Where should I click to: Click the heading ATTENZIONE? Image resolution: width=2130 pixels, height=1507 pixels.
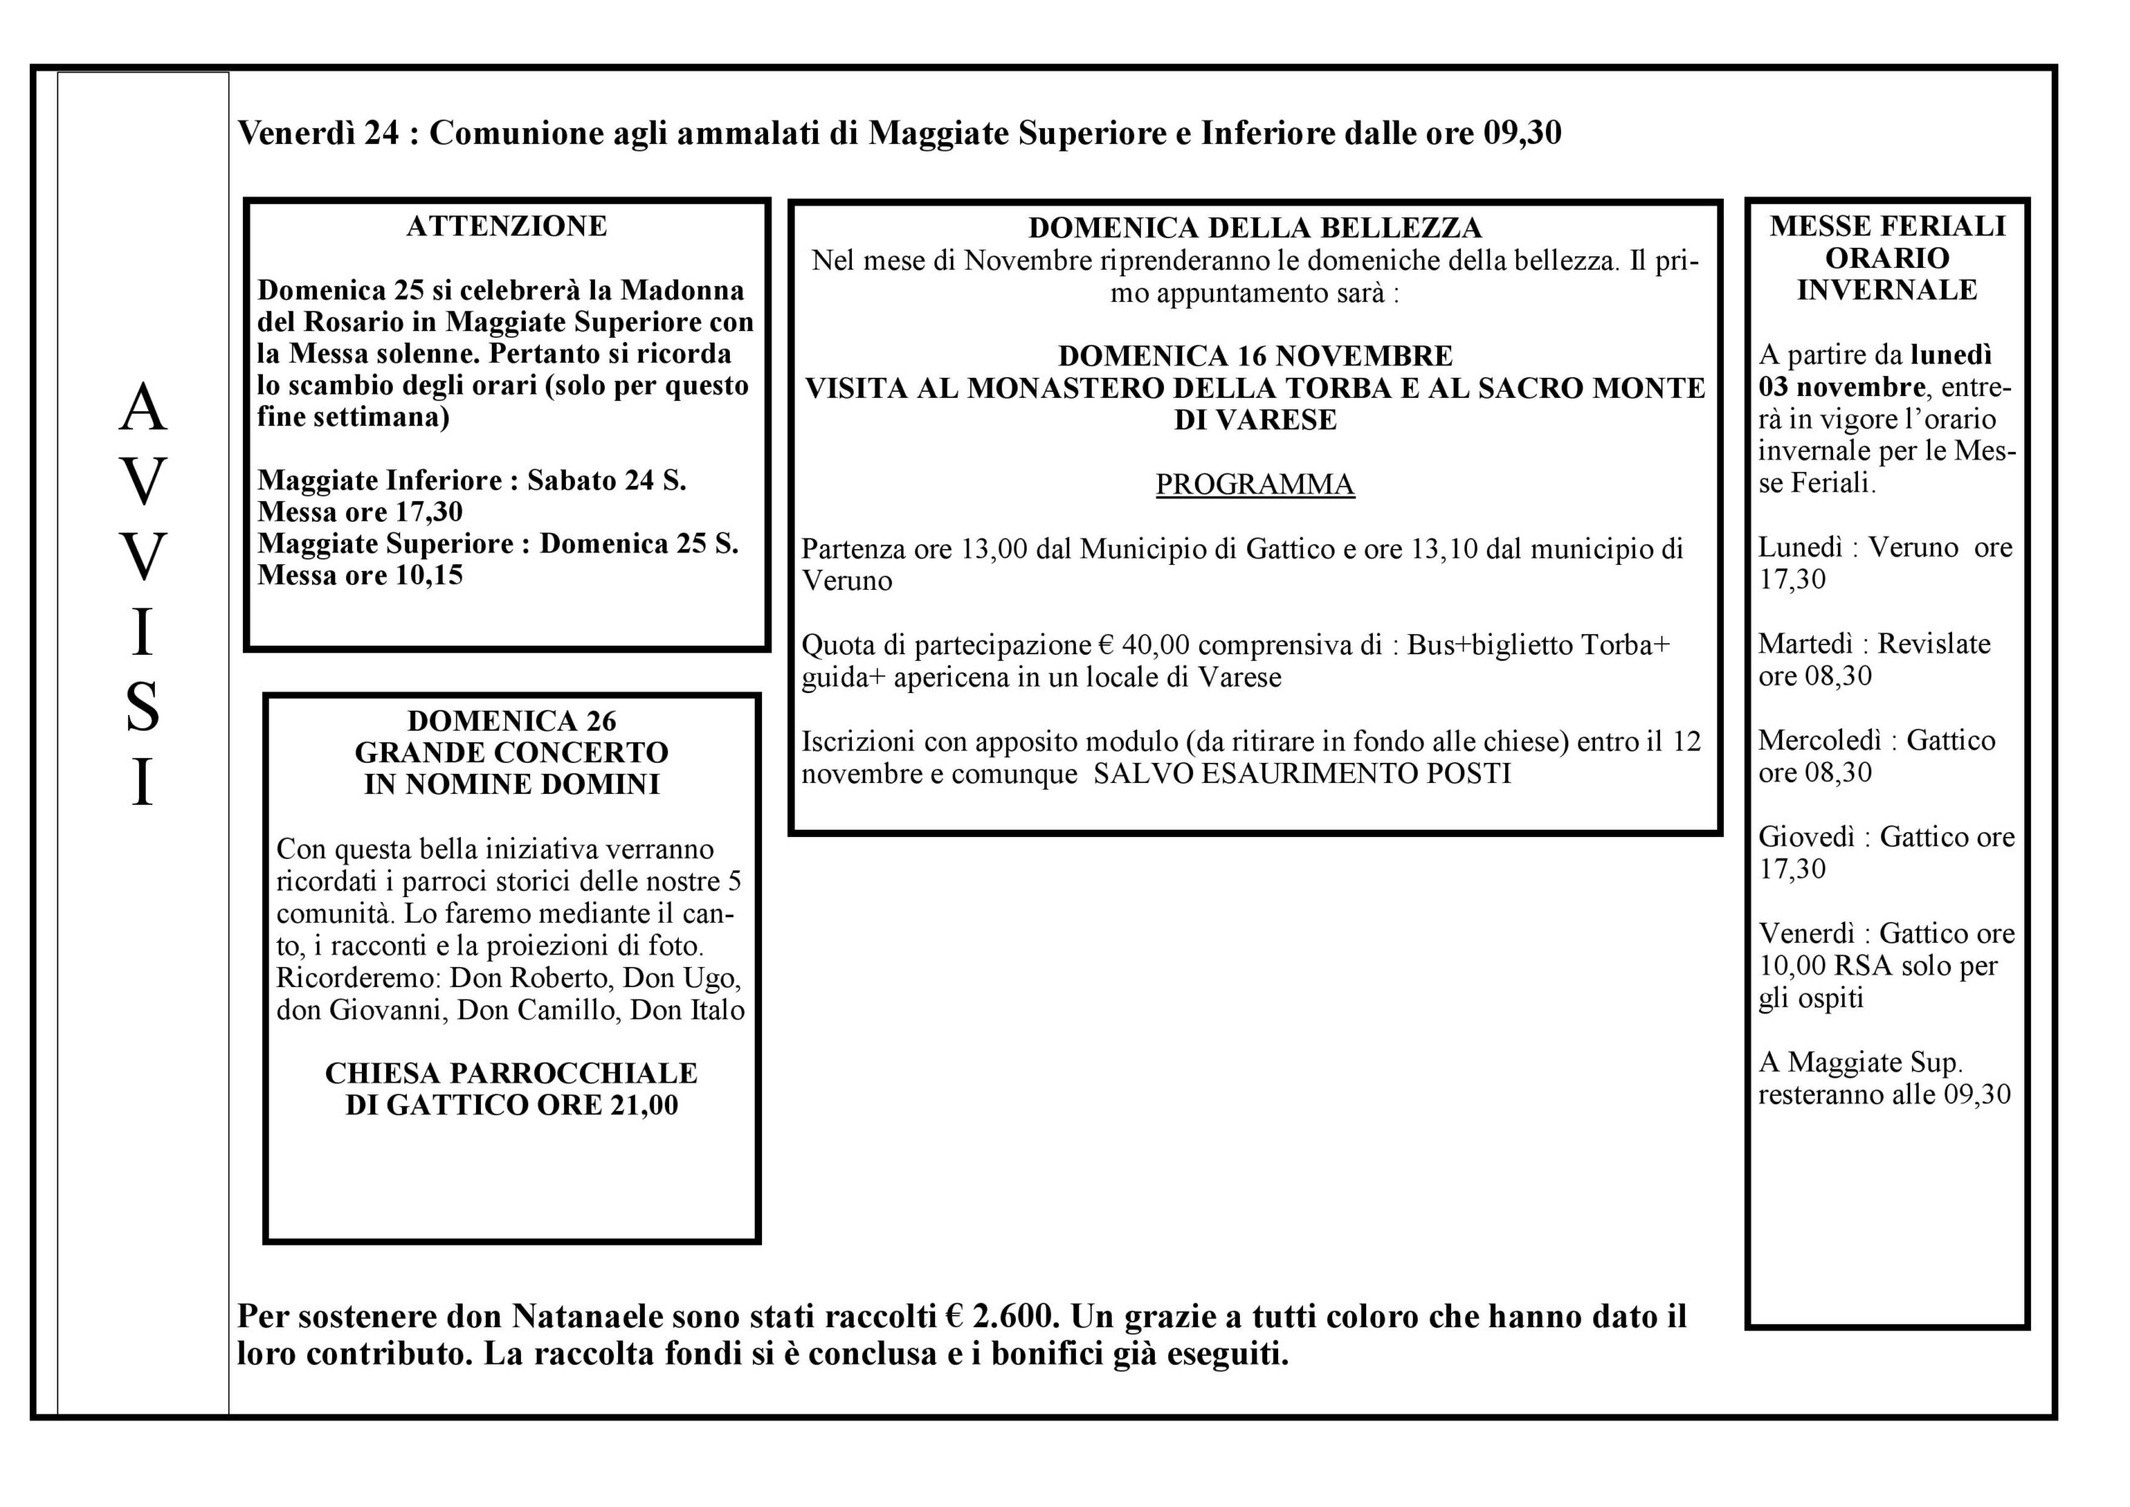[x=507, y=226]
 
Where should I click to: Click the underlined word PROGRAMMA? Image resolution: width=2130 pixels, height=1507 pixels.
[x=1254, y=484]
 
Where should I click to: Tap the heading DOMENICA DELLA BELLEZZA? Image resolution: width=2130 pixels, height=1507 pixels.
[x=1254, y=228]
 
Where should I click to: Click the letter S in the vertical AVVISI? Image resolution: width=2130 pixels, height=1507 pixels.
[x=142, y=707]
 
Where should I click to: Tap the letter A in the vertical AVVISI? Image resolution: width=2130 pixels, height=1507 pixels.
[x=142, y=409]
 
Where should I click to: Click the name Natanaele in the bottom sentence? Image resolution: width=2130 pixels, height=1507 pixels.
[x=587, y=1316]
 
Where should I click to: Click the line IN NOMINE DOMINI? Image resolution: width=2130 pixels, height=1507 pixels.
[x=511, y=785]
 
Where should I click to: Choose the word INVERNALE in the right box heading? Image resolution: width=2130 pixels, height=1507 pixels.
[x=1886, y=290]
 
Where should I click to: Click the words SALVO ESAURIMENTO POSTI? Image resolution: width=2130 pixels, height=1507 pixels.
[x=1302, y=774]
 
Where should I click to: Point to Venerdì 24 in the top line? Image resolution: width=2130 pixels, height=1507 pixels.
[x=318, y=134]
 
